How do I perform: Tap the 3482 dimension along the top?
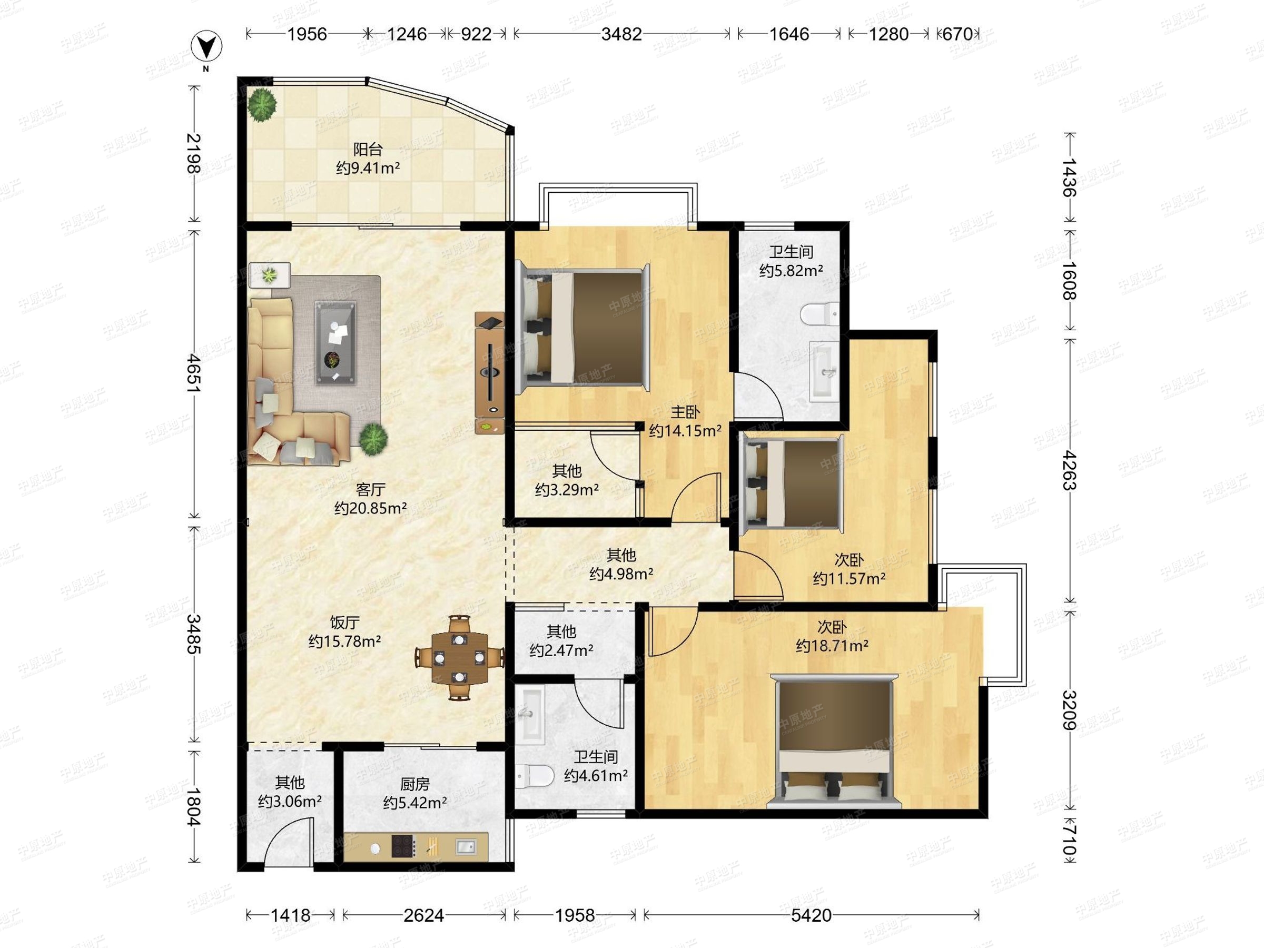(x=621, y=34)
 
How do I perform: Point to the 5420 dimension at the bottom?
(x=812, y=915)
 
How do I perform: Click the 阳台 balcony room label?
(x=368, y=150)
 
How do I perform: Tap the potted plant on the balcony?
(x=262, y=105)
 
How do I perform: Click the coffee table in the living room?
(x=336, y=343)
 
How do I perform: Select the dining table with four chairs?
(x=459, y=657)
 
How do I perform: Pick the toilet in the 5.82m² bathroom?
(x=819, y=314)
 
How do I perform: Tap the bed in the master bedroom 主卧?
(x=583, y=328)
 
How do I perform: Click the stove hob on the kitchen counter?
(x=402, y=846)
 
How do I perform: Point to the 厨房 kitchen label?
(x=415, y=785)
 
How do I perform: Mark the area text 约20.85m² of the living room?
(x=370, y=508)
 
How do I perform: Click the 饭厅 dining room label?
(x=344, y=623)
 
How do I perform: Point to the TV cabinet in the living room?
(x=490, y=372)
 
